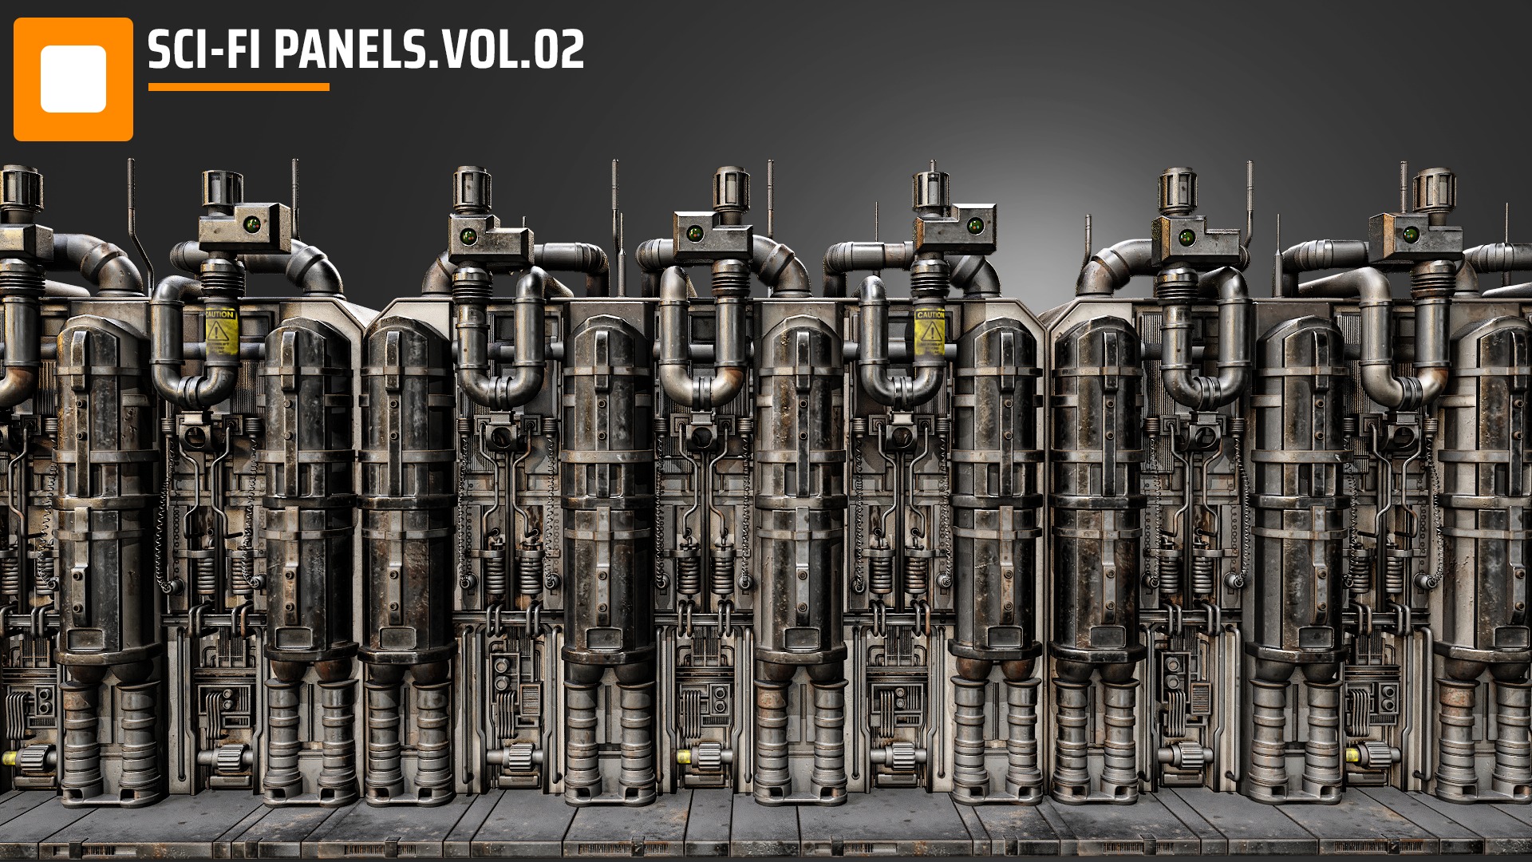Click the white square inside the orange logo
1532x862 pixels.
coord(73,79)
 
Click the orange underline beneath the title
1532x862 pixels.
coord(239,87)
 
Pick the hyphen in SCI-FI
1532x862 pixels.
coord(218,53)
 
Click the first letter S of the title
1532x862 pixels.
coord(159,51)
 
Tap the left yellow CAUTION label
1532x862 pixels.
coord(219,330)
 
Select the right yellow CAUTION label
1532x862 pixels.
coord(930,330)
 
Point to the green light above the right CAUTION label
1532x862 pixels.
coord(974,226)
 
